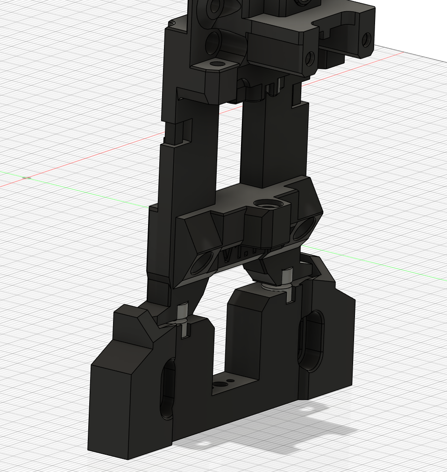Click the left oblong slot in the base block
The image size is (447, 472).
click(168, 388)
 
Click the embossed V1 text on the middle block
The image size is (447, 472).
click(234, 255)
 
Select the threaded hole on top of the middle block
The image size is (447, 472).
click(267, 204)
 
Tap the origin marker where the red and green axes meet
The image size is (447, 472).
click(27, 178)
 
